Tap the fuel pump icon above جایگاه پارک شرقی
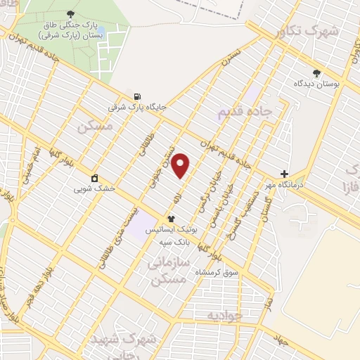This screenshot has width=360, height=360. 136,96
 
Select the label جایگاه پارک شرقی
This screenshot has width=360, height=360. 137,108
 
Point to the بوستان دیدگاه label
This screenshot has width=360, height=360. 317,83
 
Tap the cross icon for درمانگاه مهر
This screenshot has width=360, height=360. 284,174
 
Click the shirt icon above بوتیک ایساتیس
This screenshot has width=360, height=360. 171,219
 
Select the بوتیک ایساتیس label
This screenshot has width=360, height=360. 171,230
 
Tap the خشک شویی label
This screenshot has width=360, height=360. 94,188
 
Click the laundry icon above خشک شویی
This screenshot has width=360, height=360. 94,177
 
